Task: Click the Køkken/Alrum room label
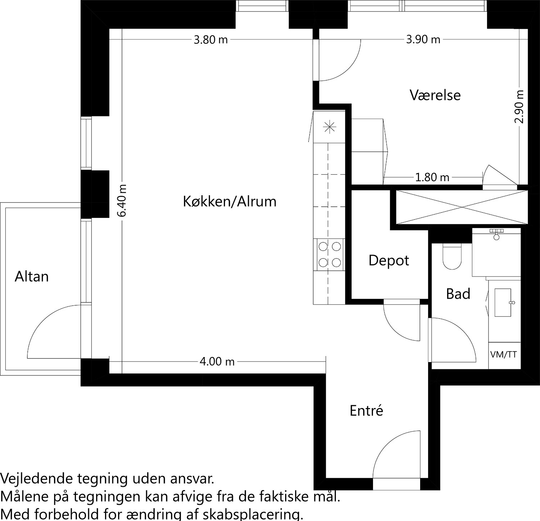pos(230,202)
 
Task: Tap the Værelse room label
pos(435,95)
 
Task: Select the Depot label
pos(388,260)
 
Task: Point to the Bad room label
pos(458,294)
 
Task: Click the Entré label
pos(366,411)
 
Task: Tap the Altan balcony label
pos(32,277)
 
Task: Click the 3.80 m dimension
pos(211,40)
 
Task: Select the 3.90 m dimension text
pos(423,40)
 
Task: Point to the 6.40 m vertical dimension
pos(122,200)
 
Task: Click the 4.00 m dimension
pos(217,361)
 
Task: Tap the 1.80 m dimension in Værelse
pos(432,177)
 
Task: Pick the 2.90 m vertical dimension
pos(519,107)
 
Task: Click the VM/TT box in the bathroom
pos(503,355)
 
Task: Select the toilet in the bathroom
pos(452,257)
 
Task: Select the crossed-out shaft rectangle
pos(461,207)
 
